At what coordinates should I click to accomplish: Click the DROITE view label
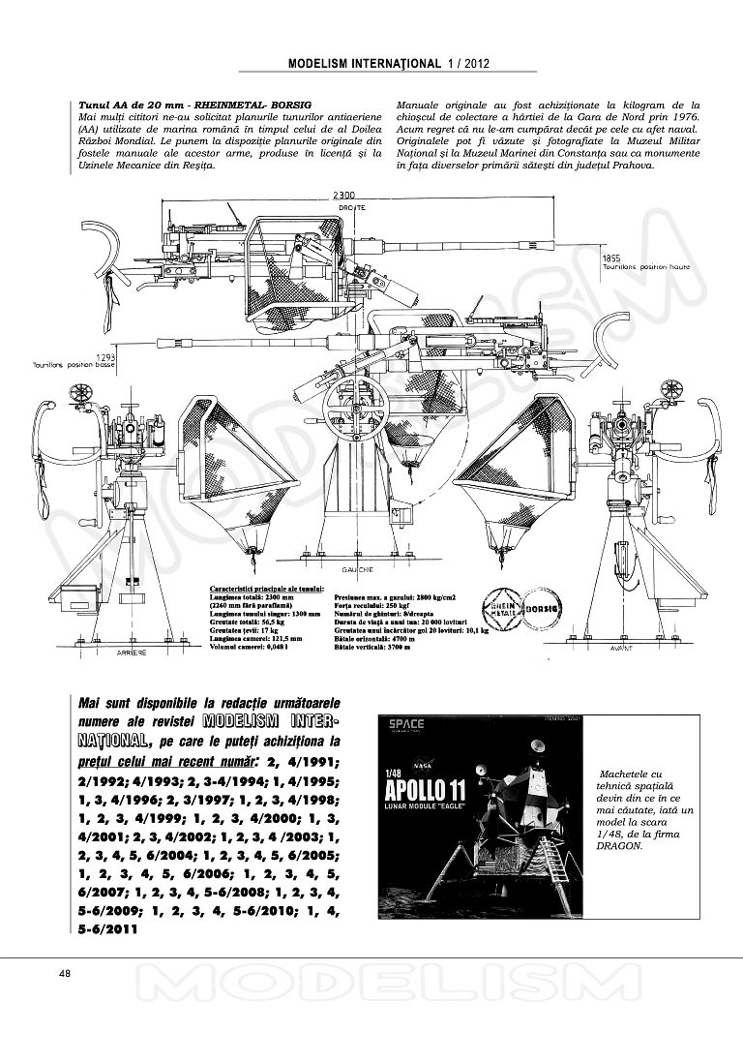coord(351,207)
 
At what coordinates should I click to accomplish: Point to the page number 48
coord(65,973)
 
